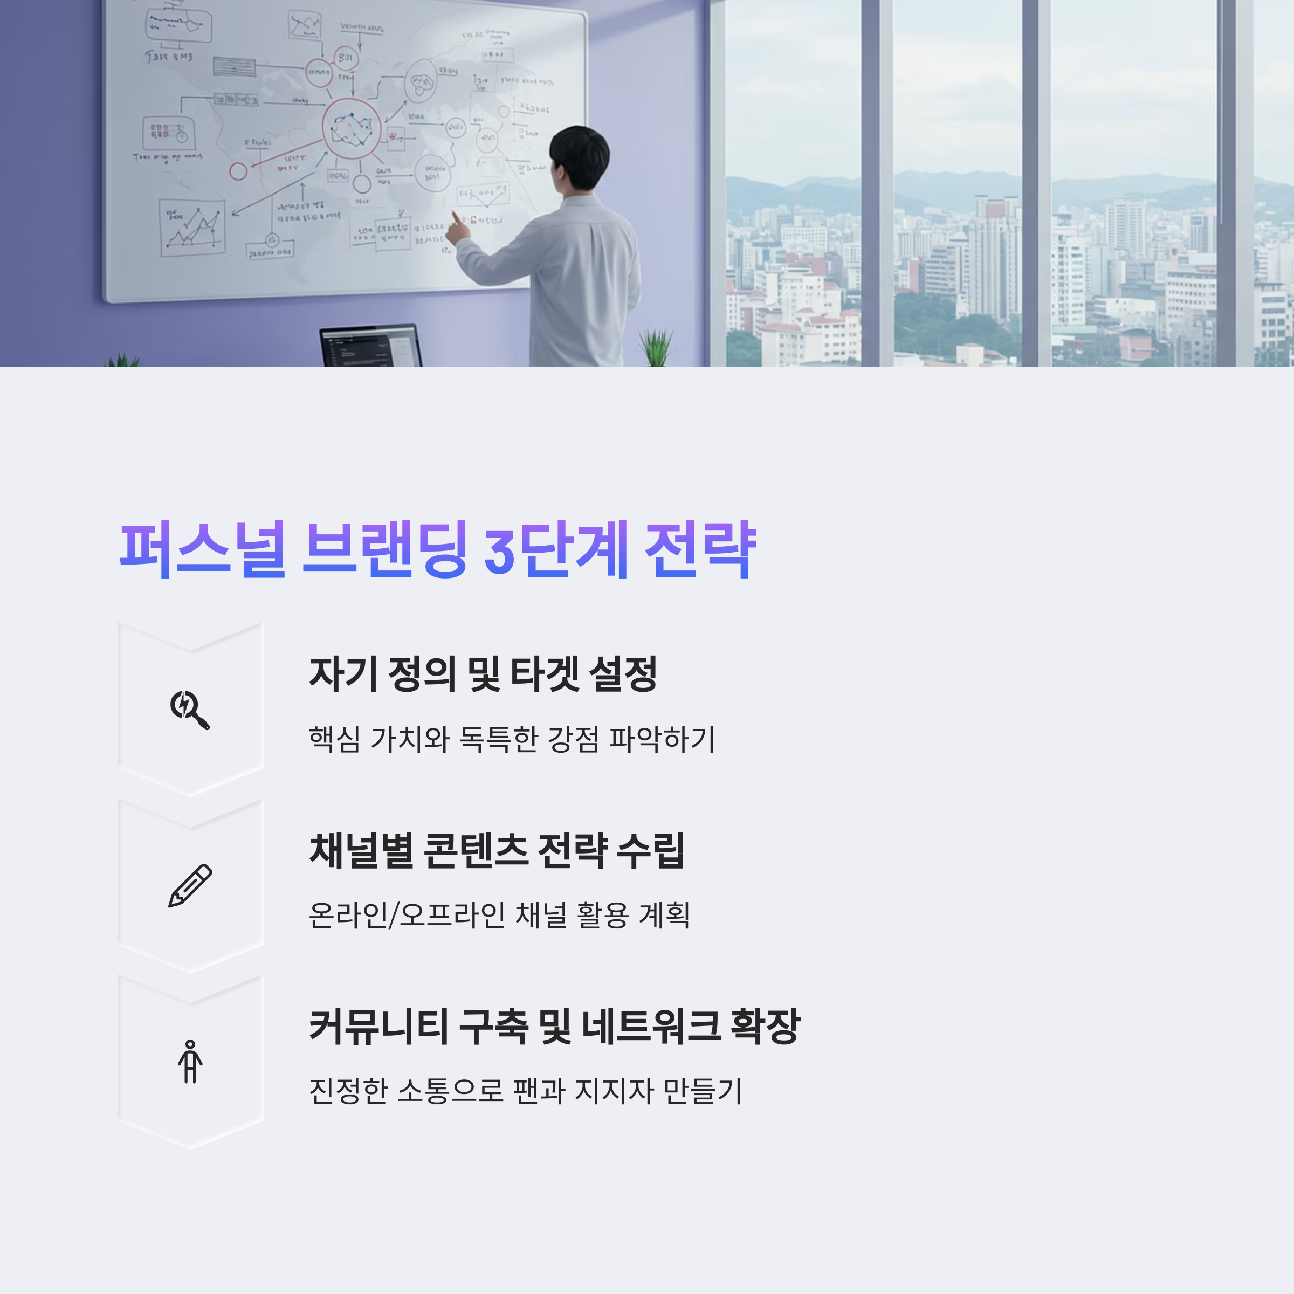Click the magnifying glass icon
pyautogui.click(x=190, y=710)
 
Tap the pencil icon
pyautogui.click(x=190, y=885)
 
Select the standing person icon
pyautogui.click(x=190, y=1061)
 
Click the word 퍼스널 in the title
pyautogui.click(x=203, y=549)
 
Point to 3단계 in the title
pyautogui.click(x=556, y=549)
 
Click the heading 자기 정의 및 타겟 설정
pyautogui.click(x=482, y=674)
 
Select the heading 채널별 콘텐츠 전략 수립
pyautogui.click(x=496, y=851)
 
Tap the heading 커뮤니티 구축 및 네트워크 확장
pyautogui.click(x=554, y=1026)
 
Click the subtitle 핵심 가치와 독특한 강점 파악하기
pyautogui.click(x=512, y=739)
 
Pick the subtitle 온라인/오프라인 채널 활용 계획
pyautogui.click(x=499, y=915)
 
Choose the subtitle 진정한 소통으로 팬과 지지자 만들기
pyautogui.click(x=525, y=1090)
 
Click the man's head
pyautogui.click(x=580, y=157)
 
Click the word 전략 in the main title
pyautogui.click(x=699, y=549)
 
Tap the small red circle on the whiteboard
pyautogui.click(x=238, y=171)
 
